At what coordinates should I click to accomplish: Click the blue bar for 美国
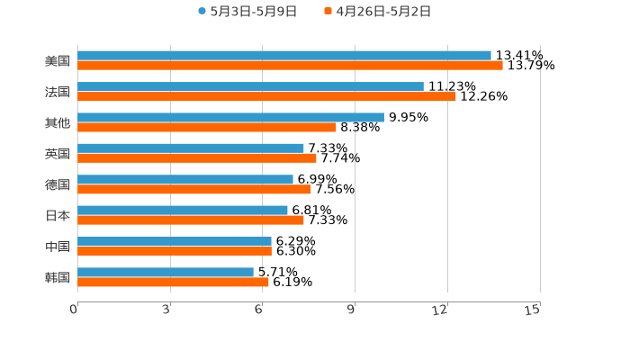point(284,56)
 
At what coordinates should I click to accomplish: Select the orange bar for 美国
point(290,66)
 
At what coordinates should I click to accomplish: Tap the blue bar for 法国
point(250,86)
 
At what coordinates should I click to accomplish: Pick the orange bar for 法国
point(266,96)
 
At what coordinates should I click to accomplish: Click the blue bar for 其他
point(230,117)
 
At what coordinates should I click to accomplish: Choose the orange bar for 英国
point(197,158)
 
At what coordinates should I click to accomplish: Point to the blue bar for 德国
point(185,179)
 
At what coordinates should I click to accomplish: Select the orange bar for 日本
point(191,220)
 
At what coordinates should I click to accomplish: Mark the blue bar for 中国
point(175,241)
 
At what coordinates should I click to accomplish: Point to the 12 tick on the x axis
point(441,310)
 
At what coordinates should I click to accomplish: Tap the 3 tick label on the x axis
point(166,310)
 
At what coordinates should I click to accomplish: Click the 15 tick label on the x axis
point(533,310)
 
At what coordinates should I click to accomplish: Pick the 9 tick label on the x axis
point(351,310)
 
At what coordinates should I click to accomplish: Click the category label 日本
point(58,216)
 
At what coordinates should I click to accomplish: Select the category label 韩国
point(58,277)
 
